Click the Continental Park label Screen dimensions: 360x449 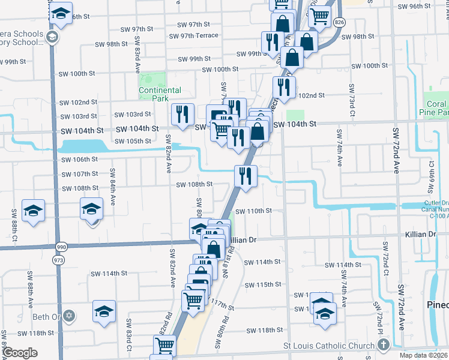click(x=160, y=94)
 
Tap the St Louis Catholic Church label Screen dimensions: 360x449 click(x=329, y=346)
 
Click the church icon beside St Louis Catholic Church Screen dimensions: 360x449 click(x=384, y=345)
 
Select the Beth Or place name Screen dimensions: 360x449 click(x=49, y=316)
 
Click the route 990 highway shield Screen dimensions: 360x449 click(x=61, y=247)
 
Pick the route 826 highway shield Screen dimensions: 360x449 click(x=340, y=22)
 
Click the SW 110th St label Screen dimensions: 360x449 click(x=253, y=211)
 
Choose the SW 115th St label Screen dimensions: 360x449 click(x=263, y=284)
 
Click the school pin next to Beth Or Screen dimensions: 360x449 click(x=104, y=312)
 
